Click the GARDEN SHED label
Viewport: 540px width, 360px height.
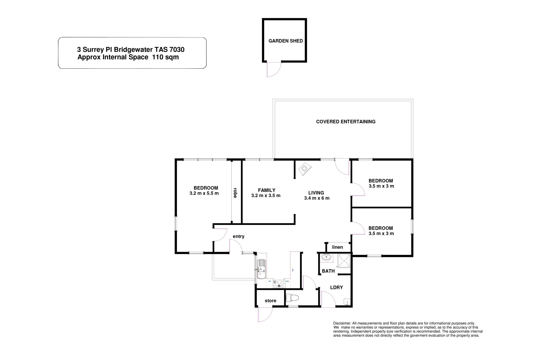[x=286, y=41]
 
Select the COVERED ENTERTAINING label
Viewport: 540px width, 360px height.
[x=346, y=122]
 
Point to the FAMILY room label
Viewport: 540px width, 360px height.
[x=267, y=190]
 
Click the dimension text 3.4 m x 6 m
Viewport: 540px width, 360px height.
[x=317, y=198]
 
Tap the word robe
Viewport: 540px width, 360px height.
[x=235, y=193]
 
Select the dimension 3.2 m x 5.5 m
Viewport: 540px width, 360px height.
[x=204, y=193]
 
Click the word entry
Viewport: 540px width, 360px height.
[x=239, y=236]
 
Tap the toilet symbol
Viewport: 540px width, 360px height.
[x=294, y=297]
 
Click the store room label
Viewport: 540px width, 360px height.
[x=270, y=301]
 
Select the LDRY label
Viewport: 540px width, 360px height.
[x=336, y=287]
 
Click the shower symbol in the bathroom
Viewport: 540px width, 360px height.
[x=344, y=261]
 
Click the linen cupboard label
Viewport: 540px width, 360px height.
[x=338, y=247]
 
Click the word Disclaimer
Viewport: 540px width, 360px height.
[x=342, y=323]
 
